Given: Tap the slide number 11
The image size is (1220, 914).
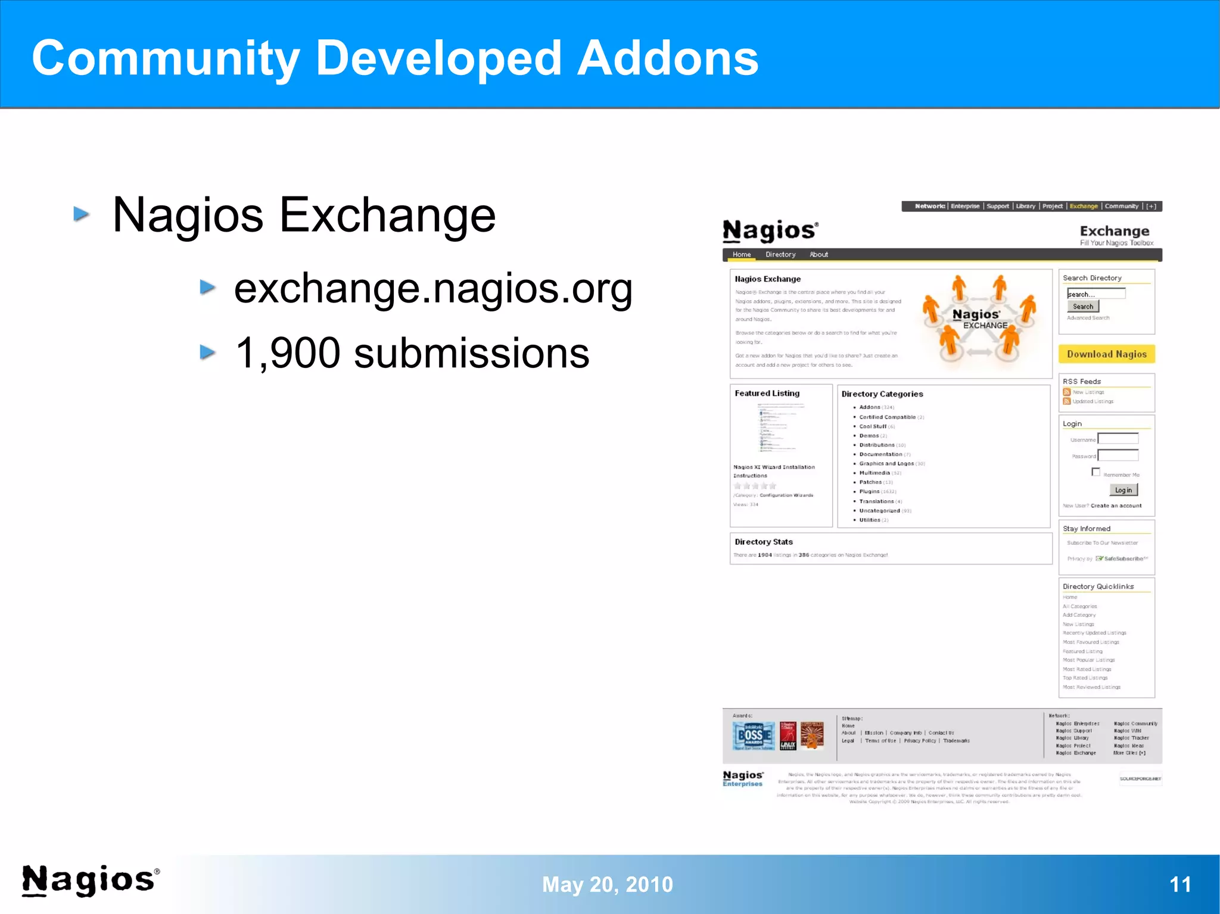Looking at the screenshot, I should [1179, 884].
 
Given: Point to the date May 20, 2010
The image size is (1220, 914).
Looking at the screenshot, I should [607, 885].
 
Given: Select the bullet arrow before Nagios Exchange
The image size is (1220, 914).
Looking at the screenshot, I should [82, 214].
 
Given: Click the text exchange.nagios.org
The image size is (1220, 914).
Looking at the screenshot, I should [433, 289].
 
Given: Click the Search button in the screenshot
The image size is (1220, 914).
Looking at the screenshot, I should [1082, 307].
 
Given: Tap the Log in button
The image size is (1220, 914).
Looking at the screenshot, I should [1123, 490].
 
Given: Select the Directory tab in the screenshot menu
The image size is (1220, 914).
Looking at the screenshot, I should [780, 255].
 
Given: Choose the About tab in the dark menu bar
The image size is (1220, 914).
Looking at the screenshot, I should [818, 255].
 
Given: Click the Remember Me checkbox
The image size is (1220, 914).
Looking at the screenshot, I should [1095, 472].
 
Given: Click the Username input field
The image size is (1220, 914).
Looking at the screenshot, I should [1118, 439].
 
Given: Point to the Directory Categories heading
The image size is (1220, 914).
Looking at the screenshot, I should [882, 394].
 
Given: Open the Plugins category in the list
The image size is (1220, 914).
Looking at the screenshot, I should [869, 492].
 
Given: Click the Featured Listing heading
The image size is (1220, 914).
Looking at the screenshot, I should [767, 394].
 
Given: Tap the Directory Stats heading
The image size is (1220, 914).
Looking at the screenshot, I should [763, 542].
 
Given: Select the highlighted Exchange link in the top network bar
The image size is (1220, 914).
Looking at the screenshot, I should [1083, 207].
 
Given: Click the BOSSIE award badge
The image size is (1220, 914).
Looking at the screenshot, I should [754, 736].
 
